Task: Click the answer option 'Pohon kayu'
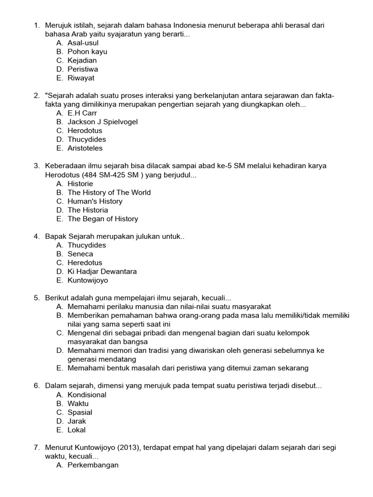click(x=87, y=51)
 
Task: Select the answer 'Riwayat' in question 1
click(x=81, y=78)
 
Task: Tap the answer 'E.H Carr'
click(x=82, y=113)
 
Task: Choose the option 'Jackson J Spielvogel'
click(x=102, y=122)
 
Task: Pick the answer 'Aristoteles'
click(x=85, y=148)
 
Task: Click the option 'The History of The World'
click(x=109, y=192)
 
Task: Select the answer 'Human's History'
click(x=95, y=201)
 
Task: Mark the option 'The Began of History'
click(x=102, y=219)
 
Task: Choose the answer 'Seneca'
click(x=80, y=254)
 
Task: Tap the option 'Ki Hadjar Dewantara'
click(x=102, y=271)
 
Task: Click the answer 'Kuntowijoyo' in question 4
click(x=88, y=280)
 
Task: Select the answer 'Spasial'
click(x=80, y=413)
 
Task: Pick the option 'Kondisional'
click(x=87, y=395)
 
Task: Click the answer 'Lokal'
click(x=77, y=430)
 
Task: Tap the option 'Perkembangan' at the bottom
click(x=93, y=465)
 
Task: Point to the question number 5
click(x=36, y=298)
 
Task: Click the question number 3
click(x=36, y=166)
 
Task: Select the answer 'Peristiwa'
click(x=83, y=69)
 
